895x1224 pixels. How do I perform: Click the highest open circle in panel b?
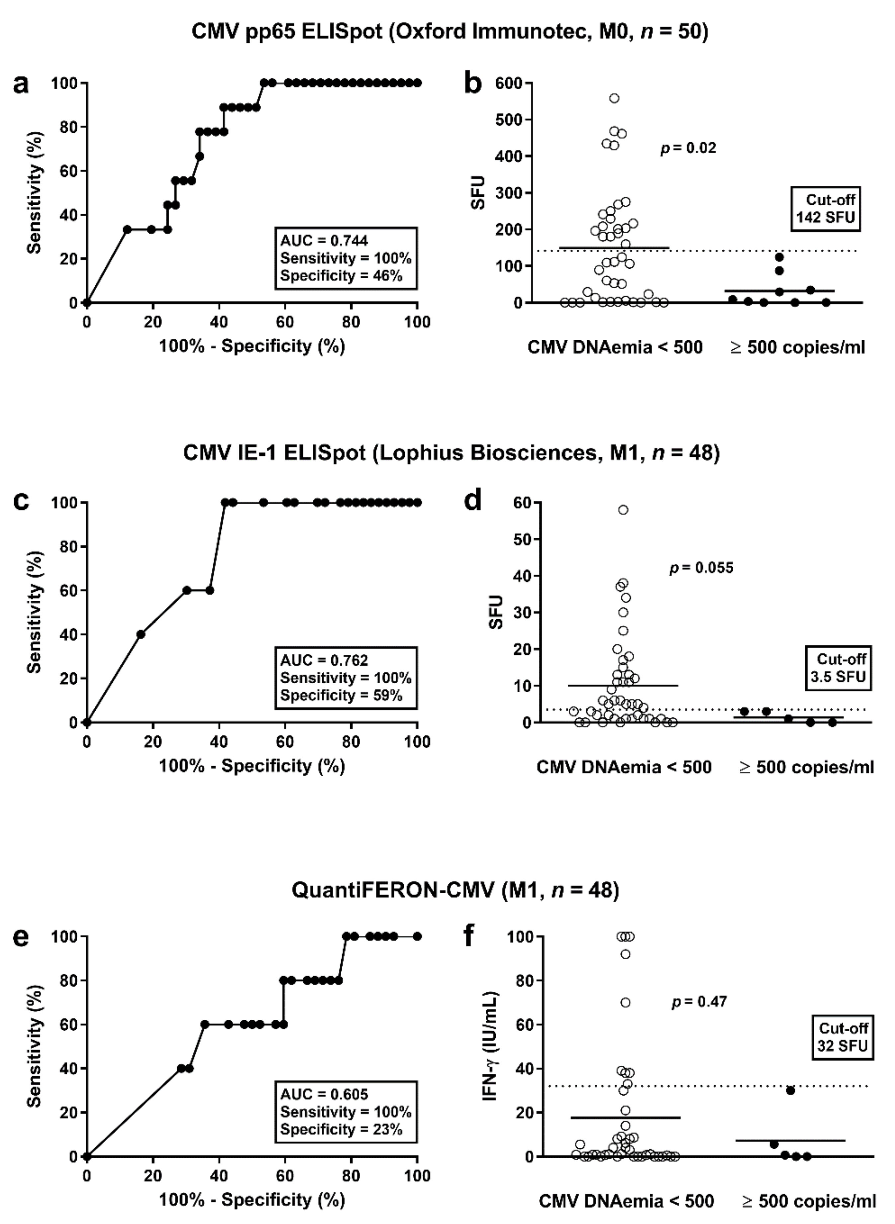tap(614, 98)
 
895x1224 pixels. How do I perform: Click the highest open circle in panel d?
tap(623, 510)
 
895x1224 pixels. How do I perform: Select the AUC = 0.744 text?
tap(324, 240)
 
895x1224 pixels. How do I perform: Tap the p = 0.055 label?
tap(701, 568)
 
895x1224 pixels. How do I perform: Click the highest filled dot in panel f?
tap(790, 1090)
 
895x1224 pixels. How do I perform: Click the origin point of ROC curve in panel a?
tap(87, 303)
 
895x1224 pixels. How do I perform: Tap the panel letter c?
tap(21, 501)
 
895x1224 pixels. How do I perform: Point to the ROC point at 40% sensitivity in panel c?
tap(141, 635)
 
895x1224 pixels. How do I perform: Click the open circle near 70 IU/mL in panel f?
tap(625, 1003)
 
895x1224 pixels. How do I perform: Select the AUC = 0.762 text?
tap(324, 660)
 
